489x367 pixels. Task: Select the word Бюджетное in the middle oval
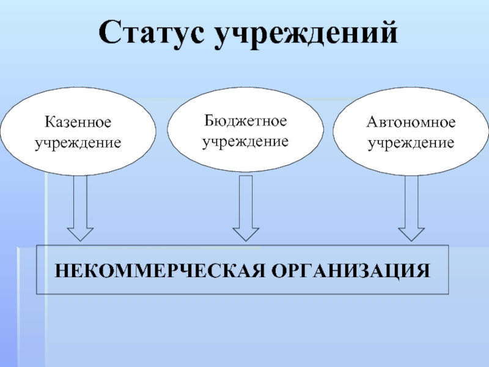tap(244, 121)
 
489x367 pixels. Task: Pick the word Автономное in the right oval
tap(411, 123)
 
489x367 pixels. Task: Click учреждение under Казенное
tap(78, 143)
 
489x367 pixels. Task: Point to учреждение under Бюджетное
tap(245, 141)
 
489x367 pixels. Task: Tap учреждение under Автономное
tap(411, 143)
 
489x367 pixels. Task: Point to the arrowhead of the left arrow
tap(79, 233)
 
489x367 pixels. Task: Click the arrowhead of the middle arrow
tap(246, 233)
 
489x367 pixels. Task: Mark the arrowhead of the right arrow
tap(411, 233)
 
